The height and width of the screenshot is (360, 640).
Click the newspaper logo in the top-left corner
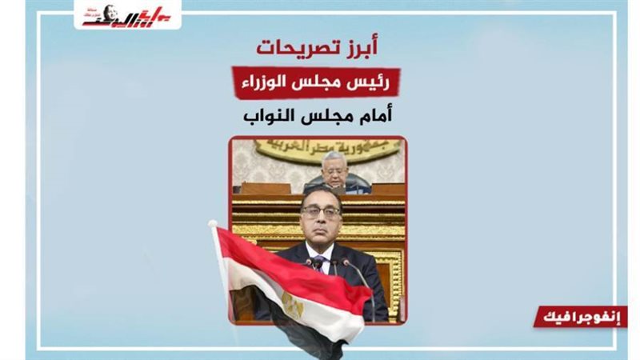128,15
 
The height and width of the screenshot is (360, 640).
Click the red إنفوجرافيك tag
581,316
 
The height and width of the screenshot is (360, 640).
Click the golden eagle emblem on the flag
292,302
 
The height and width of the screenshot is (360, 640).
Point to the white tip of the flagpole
214,226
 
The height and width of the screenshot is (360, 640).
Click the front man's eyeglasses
321,212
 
